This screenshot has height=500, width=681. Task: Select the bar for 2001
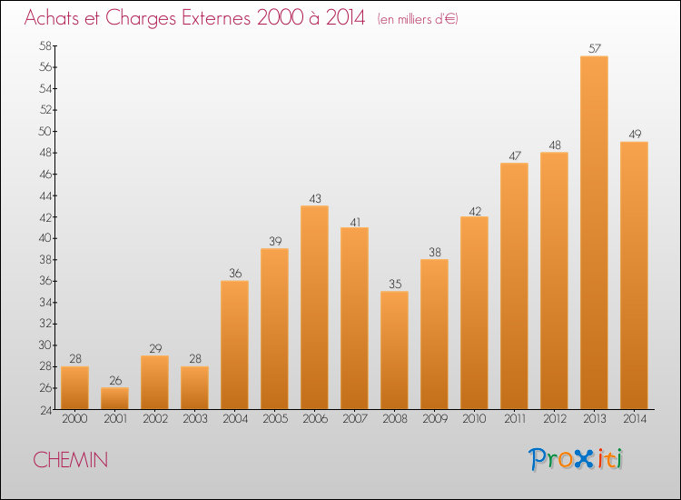click(x=114, y=398)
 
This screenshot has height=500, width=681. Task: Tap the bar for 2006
click(x=314, y=307)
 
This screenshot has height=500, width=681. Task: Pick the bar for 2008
click(x=394, y=350)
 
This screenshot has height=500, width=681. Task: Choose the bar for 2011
click(x=514, y=285)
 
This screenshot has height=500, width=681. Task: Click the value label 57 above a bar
click(x=594, y=49)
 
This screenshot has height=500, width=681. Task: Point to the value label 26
click(x=114, y=380)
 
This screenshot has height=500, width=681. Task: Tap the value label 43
click(x=314, y=198)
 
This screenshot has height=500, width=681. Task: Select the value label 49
click(x=634, y=135)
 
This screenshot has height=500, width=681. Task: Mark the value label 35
click(x=394, y=284)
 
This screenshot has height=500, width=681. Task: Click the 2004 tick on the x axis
click(x=234, y=418)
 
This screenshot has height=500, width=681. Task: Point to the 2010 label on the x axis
click(x=474, y=418)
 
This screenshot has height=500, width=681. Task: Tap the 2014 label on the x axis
click(x=634, y=418)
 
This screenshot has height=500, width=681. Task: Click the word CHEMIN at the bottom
click(x=71, y=461)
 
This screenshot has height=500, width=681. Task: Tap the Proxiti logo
click(x=577, y=459)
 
